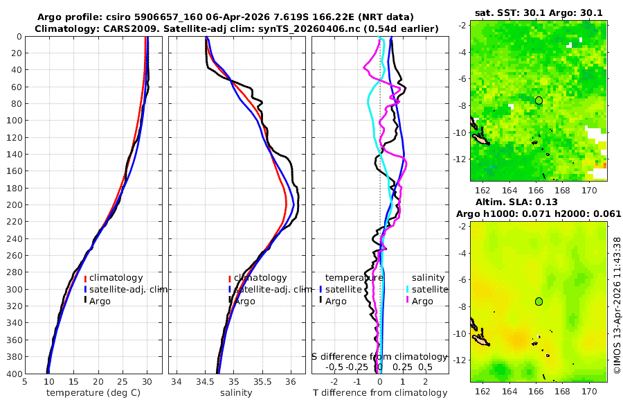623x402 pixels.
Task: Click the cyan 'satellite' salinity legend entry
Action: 430,290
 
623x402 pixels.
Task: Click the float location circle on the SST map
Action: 539,101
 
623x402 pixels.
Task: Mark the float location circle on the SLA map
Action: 539,301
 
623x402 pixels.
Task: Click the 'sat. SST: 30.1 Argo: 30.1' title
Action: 539,12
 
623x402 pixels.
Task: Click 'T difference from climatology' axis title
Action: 381,393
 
